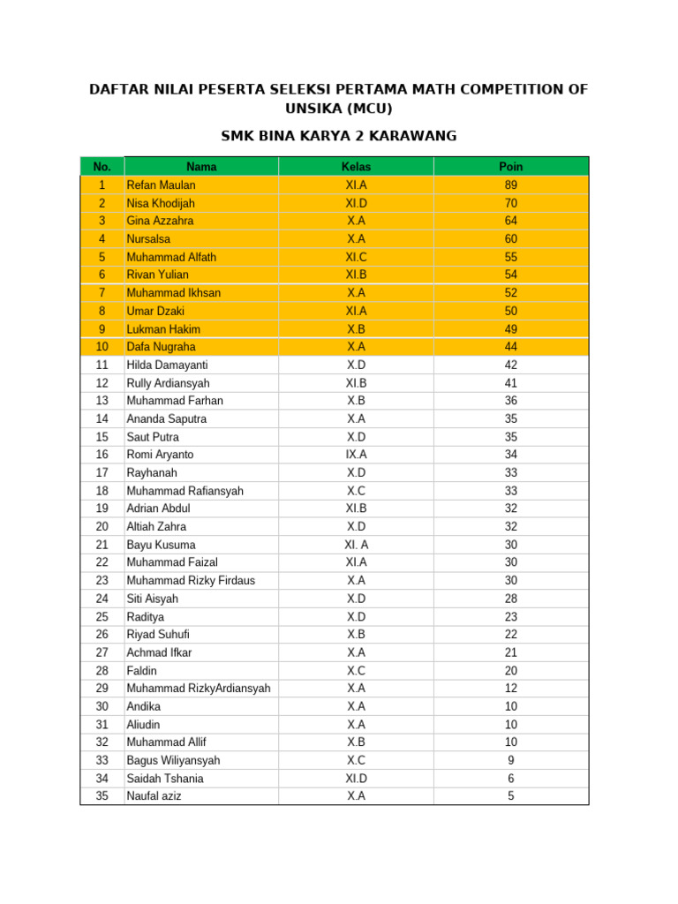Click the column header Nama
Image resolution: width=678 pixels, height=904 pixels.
pos(201,167)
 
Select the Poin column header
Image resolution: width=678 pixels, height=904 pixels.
pos(511,167)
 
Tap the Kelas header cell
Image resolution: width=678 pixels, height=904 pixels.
pos(356,167)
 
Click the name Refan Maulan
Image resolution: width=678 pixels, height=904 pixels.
pos(162,185)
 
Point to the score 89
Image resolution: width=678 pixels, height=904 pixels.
pos(511,185)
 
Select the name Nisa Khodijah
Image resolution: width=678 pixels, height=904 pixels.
pos(161,203)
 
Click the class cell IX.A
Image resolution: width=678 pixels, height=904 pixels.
pos(356,455)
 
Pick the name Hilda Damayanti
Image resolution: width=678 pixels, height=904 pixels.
pos(168,365)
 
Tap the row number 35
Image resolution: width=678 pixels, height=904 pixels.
pos(102,795)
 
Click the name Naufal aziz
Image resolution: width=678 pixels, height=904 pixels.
pos(154,795)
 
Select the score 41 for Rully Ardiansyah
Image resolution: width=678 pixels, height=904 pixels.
pos(511,383)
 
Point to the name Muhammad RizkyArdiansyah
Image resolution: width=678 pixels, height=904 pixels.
pos(199,688)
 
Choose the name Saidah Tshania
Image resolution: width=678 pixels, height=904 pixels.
pos(165,778)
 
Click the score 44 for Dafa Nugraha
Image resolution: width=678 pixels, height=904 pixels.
pos(511,347)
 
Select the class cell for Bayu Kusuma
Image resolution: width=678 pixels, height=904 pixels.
pos(356,545)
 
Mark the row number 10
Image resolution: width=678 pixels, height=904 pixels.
pos(102,347)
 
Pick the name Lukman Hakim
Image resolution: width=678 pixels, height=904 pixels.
pos(163,329)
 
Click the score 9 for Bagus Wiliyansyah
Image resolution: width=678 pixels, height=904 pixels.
pos(511,760)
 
